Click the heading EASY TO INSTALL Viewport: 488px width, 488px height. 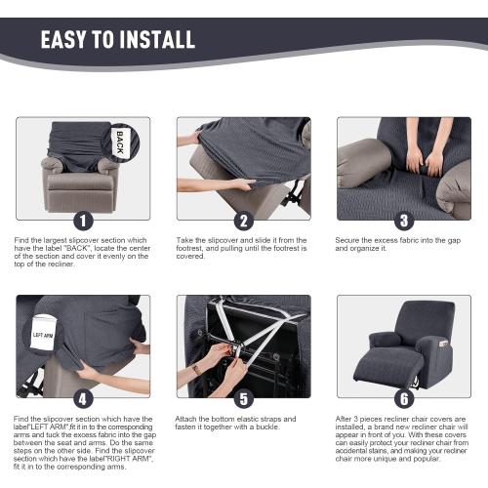[117, 40]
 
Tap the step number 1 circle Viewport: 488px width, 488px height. [83, 221]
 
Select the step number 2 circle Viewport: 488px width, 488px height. [244, 221]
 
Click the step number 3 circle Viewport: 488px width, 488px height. [404, 221]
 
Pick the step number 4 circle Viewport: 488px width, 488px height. [83, 398]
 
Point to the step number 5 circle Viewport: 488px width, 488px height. [244, 398]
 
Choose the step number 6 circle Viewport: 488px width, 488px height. [404, 398]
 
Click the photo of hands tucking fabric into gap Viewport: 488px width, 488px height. [404, 168]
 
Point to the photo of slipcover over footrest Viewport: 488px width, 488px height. [244, 168]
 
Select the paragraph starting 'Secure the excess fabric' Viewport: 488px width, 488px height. [395, 244]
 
